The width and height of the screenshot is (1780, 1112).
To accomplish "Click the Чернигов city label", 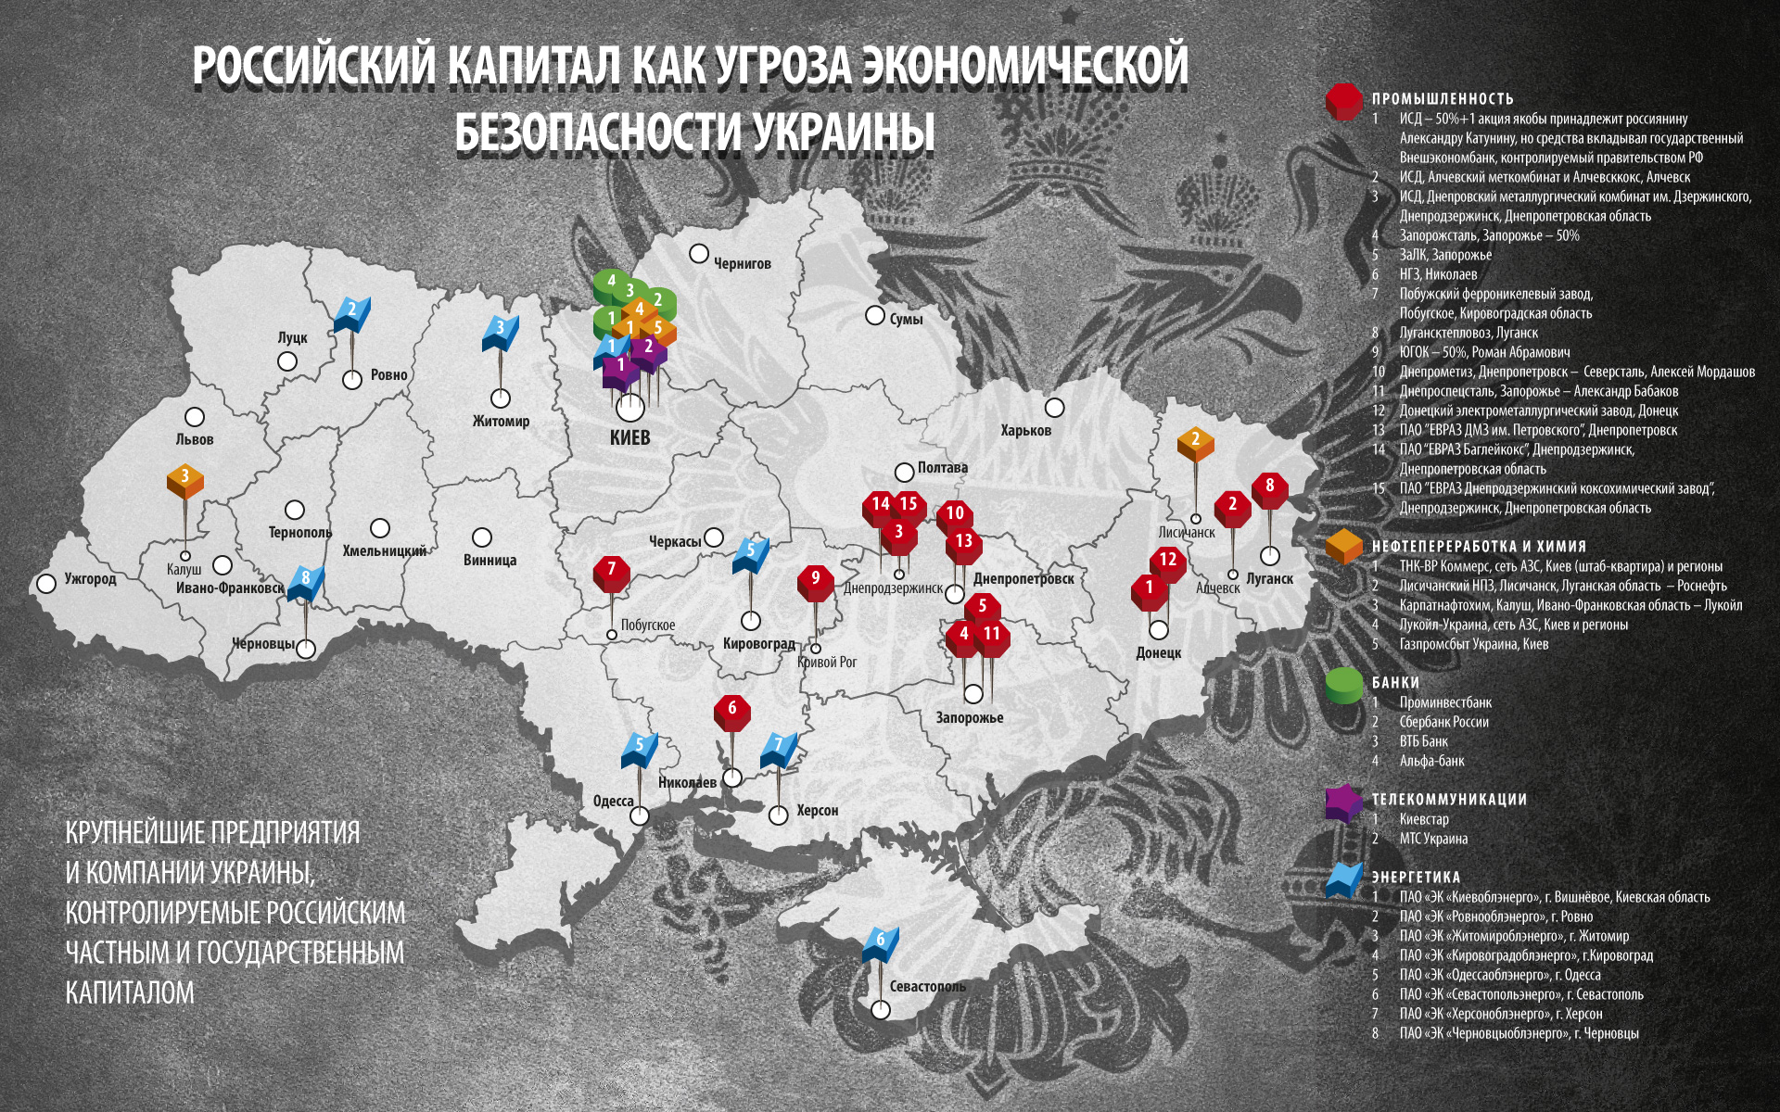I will pos(742,264).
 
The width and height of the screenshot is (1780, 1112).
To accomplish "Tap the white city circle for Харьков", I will pos(1054,408).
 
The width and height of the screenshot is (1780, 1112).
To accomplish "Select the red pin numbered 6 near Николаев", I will pos(732,711).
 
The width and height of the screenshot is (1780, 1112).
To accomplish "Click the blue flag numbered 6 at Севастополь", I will pos(880,941).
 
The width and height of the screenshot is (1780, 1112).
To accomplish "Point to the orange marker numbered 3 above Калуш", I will pos(185,479).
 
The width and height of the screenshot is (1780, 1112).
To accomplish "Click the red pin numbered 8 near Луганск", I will pos(1269,488).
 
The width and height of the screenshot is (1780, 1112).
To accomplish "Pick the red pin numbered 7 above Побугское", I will pos(611,572).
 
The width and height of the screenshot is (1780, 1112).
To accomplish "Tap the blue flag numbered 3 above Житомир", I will pos(500,331).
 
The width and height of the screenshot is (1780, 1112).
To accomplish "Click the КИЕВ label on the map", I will pos(629,437).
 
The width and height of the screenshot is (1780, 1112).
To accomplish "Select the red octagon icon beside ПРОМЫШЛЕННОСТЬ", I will pos(1344,101).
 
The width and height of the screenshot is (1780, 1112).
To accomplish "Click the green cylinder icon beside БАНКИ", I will pos(1344,685).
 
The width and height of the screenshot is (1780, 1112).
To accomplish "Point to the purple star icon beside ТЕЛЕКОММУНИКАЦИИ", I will pos(1344,802).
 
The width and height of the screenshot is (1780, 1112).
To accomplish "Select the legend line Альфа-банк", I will pos(1431,761).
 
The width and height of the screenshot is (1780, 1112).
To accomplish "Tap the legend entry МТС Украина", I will pos(1433,839).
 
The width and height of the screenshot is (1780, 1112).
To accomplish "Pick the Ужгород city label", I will pos(90,579).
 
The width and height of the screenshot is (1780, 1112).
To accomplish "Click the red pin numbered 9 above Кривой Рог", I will pos(815,581).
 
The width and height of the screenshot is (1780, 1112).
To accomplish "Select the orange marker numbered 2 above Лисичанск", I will pos(1195,442).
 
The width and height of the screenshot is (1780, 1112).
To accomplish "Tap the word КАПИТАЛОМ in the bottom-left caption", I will pos(130,992).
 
